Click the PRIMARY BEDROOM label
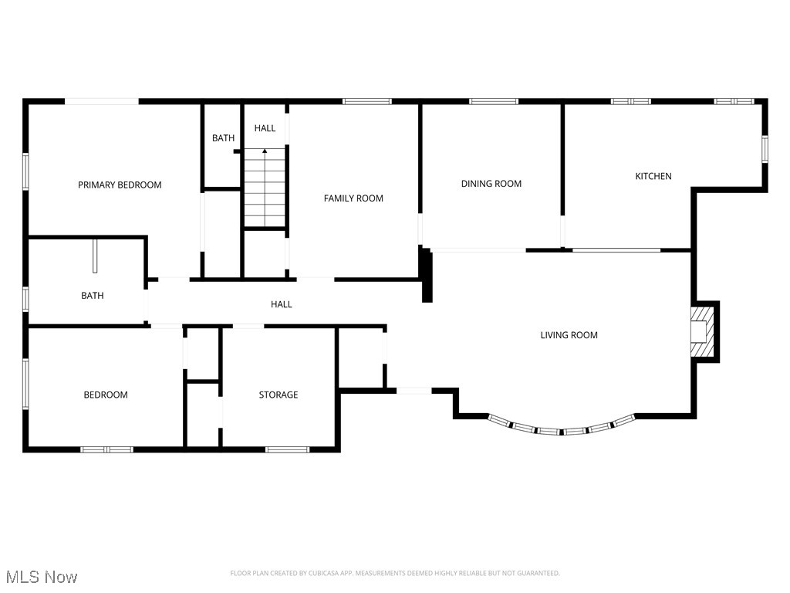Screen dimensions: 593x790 coord(120,185)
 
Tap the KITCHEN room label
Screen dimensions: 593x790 coord(653,176)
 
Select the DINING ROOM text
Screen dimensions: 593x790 coord(491,184)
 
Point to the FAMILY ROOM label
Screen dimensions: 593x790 coord(353,198)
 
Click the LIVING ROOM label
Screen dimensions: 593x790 coord(569,335)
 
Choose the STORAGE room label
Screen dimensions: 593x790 coord(278,395)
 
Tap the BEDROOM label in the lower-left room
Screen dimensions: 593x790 coord(106,395)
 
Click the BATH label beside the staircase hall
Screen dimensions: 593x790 coord(223,138)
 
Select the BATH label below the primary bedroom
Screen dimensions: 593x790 coord(93,296)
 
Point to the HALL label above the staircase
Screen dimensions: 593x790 coord(265,128)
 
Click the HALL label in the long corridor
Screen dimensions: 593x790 coord(282,304)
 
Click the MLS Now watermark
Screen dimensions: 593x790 coord(42,577)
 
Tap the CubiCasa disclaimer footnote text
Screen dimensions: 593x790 coord(394,573)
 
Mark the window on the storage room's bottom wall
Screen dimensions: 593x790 coord(287,449)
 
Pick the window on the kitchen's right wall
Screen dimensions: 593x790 coord(765,149)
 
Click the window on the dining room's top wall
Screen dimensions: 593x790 coord(494,101)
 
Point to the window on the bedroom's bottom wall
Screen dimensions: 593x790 coord(107,449)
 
